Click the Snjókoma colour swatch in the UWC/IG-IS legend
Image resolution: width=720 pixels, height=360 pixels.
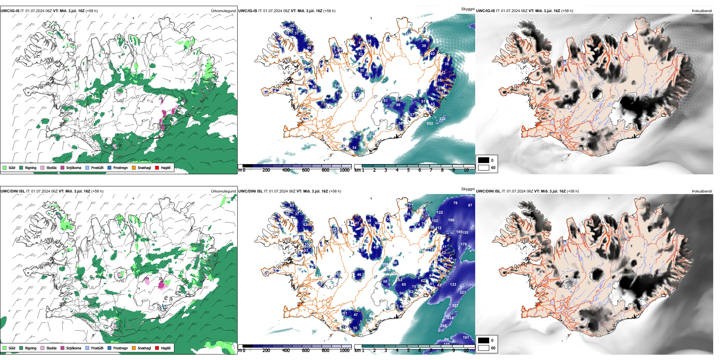[63, 167]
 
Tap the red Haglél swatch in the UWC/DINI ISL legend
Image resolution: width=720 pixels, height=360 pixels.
[157, 348]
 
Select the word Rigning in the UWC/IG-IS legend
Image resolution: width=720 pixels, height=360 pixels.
[31, 167]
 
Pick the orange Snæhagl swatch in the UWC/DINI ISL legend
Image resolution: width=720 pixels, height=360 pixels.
[134, 348]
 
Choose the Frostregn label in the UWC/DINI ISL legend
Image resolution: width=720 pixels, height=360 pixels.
[120, 348]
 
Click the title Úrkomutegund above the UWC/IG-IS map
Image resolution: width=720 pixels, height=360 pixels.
[223, 11]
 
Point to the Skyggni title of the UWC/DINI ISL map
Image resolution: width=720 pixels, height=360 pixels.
[468, 189]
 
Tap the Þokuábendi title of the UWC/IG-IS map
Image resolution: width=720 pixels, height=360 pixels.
[702, 11]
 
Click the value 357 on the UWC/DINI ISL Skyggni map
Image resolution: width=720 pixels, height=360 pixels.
[455, 305]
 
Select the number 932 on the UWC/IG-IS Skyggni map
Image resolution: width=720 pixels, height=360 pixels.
[430, 123]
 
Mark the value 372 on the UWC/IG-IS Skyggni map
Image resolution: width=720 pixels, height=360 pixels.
[442, 119]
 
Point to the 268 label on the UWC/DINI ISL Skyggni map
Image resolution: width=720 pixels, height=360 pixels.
[443, 326]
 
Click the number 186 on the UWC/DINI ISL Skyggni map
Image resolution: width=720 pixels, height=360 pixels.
[451, 220]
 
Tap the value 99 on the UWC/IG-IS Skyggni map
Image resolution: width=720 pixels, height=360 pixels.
[398, 105]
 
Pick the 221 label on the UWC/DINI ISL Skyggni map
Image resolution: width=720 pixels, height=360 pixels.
[463, 292]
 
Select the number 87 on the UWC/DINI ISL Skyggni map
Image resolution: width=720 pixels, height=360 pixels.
[470, 205]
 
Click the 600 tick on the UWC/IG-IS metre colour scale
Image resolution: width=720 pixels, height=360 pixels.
[306, 170]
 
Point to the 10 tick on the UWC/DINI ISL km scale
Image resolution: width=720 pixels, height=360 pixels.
[466, 351]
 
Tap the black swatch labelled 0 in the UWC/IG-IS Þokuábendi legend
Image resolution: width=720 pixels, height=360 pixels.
[484, 160]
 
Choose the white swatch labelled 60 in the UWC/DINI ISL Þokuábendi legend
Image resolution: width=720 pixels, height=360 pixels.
[484, 348]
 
